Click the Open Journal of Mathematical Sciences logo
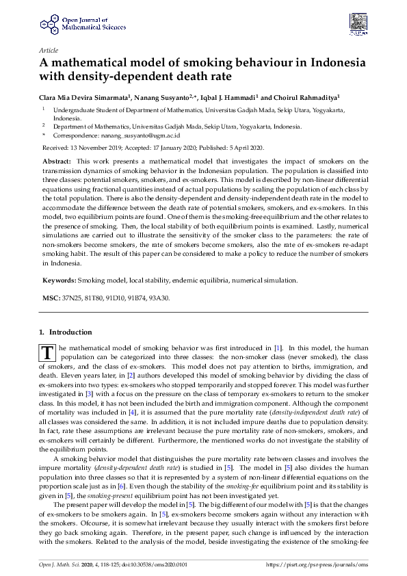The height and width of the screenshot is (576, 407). pyautogui.click(x=69, y=24)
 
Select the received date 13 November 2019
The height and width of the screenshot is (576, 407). pyautogui.click(x=96, y=147)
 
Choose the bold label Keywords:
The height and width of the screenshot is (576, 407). pyautogui.click(x=59, y=280)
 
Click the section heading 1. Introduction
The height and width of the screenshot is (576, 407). pyautogui.click(x=66, y=332)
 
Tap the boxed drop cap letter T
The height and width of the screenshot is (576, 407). pyautogui.click(x=47, y=352)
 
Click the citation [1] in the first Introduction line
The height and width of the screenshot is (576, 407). pyautogui.click(x=278, y=348)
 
